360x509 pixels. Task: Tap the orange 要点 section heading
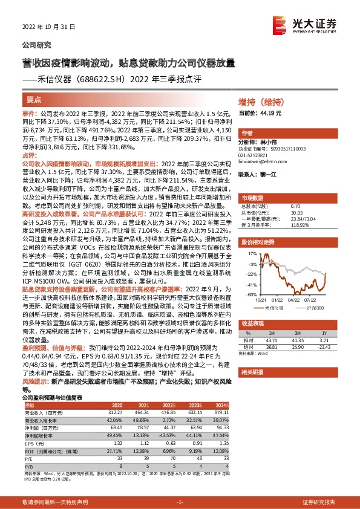tap(34, 98)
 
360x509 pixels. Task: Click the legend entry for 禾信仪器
tap(275, 308)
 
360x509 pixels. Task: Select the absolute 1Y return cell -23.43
tap(323, 346)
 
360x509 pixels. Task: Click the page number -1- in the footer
tap(179, 502)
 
